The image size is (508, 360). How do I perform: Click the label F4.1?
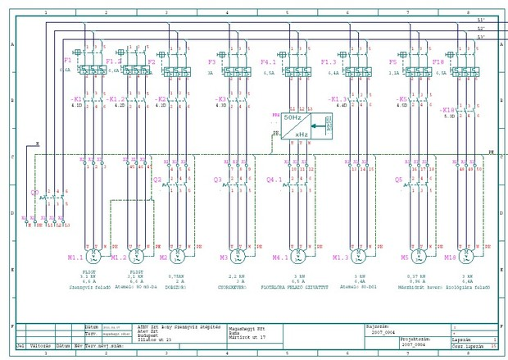coord(268,62)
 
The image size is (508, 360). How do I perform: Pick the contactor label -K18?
coord(447,110)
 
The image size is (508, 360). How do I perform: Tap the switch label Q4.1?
coord(274,179)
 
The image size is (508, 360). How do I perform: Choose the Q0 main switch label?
coord(34,194)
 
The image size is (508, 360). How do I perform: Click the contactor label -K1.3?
coord(338,99)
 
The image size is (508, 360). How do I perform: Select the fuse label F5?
coord(393,62)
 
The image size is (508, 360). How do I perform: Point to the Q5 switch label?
coord(398,179)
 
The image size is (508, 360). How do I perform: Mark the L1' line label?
coord(481,20)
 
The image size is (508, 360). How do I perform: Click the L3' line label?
coord(481,37)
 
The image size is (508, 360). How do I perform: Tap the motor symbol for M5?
coord(417,257)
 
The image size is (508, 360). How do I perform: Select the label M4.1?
coord(281,257)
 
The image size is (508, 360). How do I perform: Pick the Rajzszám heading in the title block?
coord(374,325)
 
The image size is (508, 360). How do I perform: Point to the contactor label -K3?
coord(220,99)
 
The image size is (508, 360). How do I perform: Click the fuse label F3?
coord(211,62)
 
